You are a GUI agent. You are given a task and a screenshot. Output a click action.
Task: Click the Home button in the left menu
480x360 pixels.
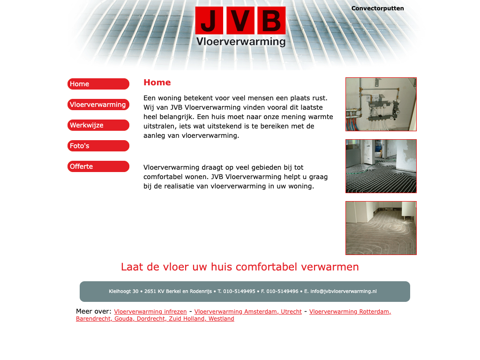coord(98,84)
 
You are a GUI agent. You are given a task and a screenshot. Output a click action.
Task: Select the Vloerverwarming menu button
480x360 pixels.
coord(98,105)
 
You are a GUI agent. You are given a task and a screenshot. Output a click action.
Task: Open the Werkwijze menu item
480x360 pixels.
coord(98,125)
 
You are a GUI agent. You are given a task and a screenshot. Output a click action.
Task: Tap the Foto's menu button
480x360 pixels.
coord(98,146)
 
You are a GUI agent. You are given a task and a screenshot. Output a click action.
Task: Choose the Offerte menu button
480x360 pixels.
coord(98,166)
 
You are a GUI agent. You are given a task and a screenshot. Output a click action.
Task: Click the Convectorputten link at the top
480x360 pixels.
coord(377,8)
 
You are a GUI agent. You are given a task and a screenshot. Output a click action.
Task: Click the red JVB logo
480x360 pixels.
coord(240,21)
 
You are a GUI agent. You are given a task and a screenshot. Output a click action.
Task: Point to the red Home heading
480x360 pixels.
coord(157,82)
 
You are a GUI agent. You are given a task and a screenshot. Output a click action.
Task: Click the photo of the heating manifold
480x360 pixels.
coord(381,104)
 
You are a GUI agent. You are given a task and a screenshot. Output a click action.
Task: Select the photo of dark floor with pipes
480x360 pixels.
coord(381,166)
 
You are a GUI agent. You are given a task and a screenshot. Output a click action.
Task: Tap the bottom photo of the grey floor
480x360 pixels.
coord(381,228)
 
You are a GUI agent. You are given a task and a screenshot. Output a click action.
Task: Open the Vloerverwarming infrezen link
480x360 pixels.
coord(150,312)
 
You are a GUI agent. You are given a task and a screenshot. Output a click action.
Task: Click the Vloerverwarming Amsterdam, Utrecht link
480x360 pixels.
coord(248,312)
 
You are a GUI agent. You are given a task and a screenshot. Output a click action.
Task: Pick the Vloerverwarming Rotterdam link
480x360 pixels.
coord(350,312)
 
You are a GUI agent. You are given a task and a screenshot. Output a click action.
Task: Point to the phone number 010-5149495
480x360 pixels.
coord(239,292)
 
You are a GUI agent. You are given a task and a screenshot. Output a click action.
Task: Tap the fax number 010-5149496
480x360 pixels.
coord(282,292)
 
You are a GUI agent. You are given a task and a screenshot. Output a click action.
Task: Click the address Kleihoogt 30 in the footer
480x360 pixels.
coord(123,292)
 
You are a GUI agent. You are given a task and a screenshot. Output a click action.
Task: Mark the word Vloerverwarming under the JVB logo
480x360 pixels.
coord(240,42)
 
